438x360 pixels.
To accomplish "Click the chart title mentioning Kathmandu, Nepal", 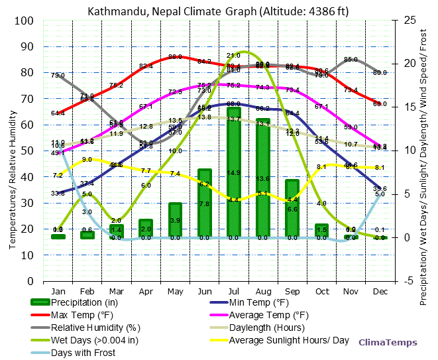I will pyautogui.click(x=219, y=11).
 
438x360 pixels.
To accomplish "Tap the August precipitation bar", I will pyautogui.click(x=263, y=179).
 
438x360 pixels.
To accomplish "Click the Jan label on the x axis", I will pyautogui.click(x=58, y=290).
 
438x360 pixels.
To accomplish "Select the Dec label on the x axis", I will pyautogui.click(x=380, y=290).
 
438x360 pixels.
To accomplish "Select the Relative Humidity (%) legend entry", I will pyautogui.click(x=96, y=328).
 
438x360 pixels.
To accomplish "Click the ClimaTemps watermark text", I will pyautogui.click(x=388, y=342).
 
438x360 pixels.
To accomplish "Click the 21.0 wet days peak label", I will pyautogui.click(x=233, y=56).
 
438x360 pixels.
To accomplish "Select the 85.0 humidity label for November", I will pyautogui.click(x=351, y=60).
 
